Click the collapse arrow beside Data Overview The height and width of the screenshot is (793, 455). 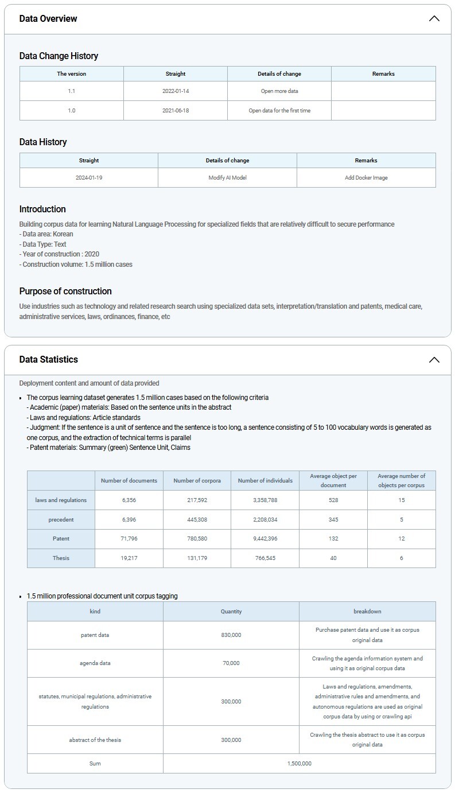tap(434, 18)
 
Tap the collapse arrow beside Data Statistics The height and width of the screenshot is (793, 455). tap(434, 360)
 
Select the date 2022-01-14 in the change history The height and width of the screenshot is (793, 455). tap(176, 91)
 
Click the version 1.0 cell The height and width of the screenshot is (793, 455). tap(72, 111)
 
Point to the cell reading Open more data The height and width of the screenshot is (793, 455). tap(279, 91)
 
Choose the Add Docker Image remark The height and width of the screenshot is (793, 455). tap(366, 178)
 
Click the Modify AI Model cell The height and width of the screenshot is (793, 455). tap(227, 178)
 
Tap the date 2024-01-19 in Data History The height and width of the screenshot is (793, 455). tap(89, 178)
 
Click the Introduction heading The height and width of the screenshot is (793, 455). tap(42, 209)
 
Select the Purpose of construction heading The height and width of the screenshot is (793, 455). tap(65, 291)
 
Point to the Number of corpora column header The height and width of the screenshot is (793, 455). tap(197, 481)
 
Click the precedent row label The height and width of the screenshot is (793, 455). tap(61, 520)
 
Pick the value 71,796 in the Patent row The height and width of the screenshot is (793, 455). tap(129, 539)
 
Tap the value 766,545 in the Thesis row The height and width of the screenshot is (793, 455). tap(265, 558)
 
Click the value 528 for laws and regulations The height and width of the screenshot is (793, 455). tap(333, 500)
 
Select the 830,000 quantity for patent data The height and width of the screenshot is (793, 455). tap(231, 635)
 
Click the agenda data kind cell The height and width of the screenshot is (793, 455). tap(95, 663)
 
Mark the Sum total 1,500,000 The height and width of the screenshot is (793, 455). tap(299, 764)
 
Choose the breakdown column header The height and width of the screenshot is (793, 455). tap(367, 612)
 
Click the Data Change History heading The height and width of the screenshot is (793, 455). tap(59, 56)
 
